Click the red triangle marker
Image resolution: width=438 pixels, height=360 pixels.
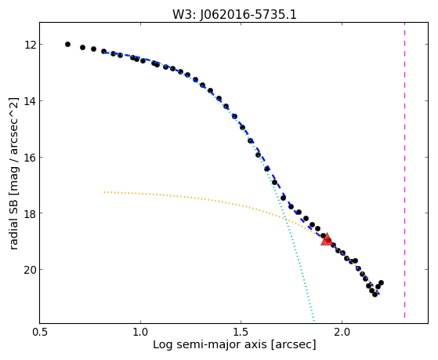click(x=327, y=239)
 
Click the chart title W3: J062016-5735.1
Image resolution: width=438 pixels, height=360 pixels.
click(x=234, y=15)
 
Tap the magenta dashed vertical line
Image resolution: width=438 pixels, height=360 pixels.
click(x=404, y=170)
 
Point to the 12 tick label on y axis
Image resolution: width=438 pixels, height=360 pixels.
click(x=31, y=45)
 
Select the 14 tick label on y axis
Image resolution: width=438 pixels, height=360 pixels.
click(x=31, y=101)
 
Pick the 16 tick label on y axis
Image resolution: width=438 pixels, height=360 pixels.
click(x=31, y=158)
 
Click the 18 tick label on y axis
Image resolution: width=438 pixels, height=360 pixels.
click(x=31, y=213)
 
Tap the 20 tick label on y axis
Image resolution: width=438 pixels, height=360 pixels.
click(x=31, y=270)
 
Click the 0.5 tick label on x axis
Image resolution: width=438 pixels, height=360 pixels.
click(x=40, y=332)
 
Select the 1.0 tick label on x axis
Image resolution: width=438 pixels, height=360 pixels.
click(x=140, y=332)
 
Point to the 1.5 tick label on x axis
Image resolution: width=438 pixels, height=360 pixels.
click(x=241, y=332)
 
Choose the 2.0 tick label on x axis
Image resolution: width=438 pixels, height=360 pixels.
click(x=342, y=332)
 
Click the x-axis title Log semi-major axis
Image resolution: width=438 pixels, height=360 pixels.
click(x=209, y=344)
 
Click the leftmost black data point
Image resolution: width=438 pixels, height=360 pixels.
click(x=67, y=44)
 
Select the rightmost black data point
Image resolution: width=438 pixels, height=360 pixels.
click(x=381, y=283)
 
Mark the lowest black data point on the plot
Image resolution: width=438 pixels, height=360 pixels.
click(x=375, y=294)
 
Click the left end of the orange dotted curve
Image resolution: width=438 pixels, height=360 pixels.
click(x=104, y=192)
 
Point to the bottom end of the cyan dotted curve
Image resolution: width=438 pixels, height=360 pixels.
click(x=314, y=321)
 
